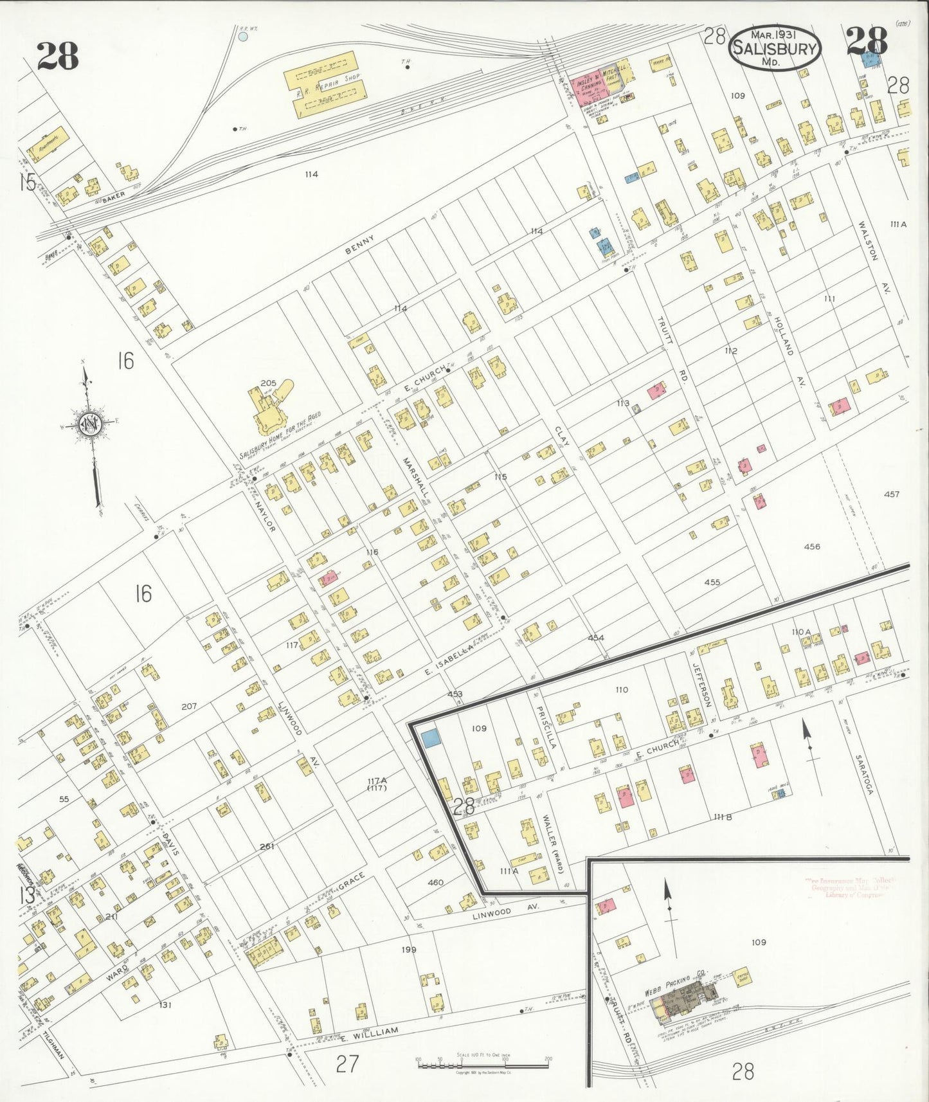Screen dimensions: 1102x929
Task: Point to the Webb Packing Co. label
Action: [676, 974]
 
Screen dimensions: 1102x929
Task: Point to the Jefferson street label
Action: [702, 685]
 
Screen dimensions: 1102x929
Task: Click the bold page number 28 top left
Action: [57, 55]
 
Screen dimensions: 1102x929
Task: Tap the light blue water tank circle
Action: [243, 37]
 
